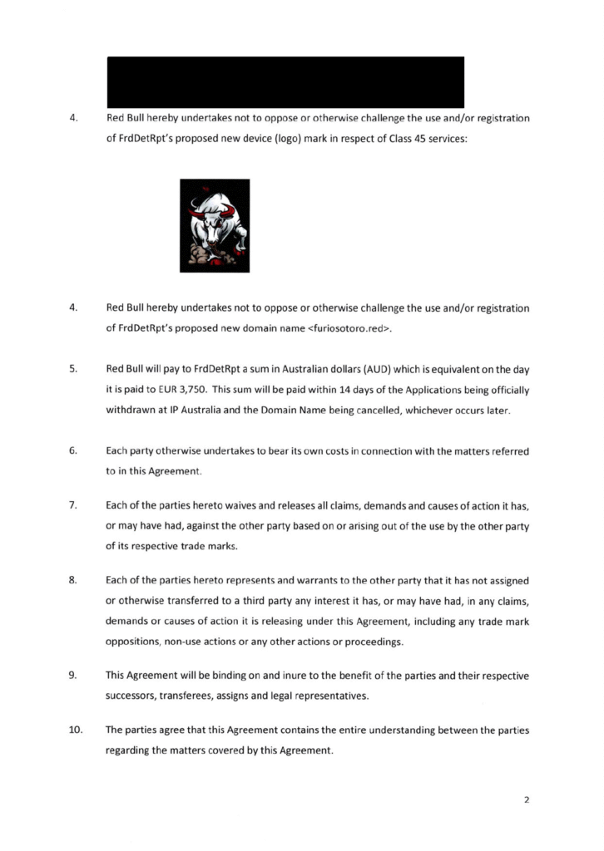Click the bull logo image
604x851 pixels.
[x=215, y=225]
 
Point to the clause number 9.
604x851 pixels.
[x=73, y=674]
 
